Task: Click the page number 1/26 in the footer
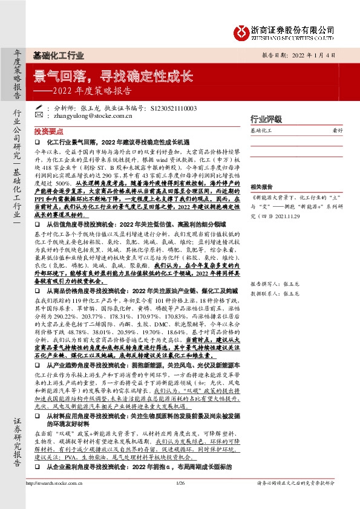[x=180, y=499]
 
